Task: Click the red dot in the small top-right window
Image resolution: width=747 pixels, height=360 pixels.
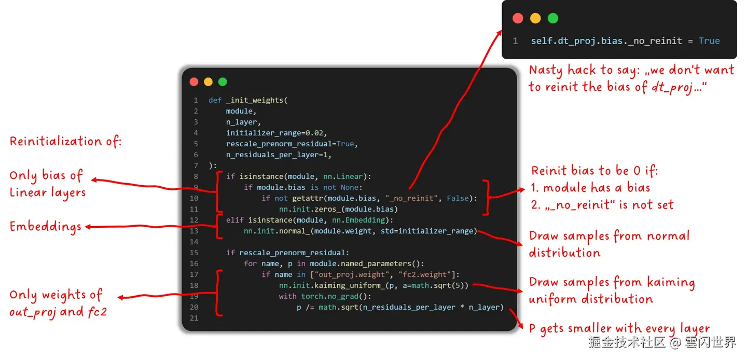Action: point(517,19)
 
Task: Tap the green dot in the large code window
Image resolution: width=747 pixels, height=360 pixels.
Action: point(223,82)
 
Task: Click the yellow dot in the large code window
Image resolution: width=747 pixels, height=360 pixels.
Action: point(208,82)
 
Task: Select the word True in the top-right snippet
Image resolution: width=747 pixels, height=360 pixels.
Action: point(709,41)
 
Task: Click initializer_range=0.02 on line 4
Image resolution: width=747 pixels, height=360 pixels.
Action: point(276,133)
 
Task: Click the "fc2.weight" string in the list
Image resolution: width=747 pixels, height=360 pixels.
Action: point(428,274)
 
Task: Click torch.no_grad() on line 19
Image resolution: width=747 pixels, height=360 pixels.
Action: point(336,296)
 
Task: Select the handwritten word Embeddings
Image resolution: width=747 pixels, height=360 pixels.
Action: point(46,227)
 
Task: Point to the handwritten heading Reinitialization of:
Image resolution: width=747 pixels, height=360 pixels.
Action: point(65,141)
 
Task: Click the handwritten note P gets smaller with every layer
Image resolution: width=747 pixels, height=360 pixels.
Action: point(619,329)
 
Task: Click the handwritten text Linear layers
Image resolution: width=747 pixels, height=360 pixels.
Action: point(48,192)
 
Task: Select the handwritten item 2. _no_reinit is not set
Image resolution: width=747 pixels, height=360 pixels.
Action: point(602,205)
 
